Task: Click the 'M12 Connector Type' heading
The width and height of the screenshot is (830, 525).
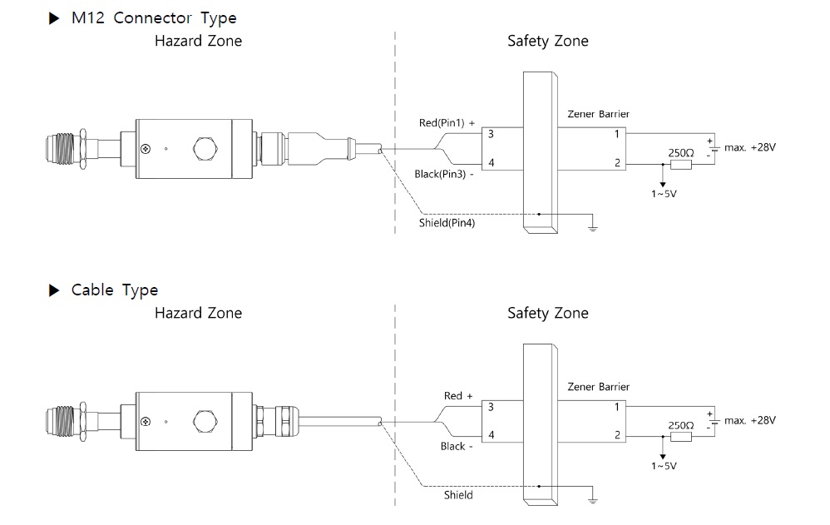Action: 154,17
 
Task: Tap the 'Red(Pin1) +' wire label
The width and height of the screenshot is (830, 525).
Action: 447,123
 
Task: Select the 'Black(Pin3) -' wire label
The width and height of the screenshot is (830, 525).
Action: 444,174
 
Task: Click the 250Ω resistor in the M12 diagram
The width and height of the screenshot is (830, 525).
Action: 681,164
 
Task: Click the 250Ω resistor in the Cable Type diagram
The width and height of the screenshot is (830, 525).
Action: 681,436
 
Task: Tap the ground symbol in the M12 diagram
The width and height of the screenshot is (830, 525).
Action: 592,226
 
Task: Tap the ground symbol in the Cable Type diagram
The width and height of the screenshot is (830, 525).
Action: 592,499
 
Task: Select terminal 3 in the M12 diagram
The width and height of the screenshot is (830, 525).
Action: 491,133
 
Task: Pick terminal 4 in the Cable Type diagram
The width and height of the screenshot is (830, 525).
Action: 491,435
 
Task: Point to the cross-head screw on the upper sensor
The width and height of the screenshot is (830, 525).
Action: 146,150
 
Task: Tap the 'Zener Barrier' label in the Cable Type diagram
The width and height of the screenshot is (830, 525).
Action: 598,386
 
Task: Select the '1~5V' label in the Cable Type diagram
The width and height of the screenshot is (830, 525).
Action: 664,466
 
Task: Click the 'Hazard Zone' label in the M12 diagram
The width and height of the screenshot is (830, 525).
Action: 198,40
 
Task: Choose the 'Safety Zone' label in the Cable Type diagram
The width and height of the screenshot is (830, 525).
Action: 547,313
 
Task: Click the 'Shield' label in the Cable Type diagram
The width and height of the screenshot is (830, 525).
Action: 457,495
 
